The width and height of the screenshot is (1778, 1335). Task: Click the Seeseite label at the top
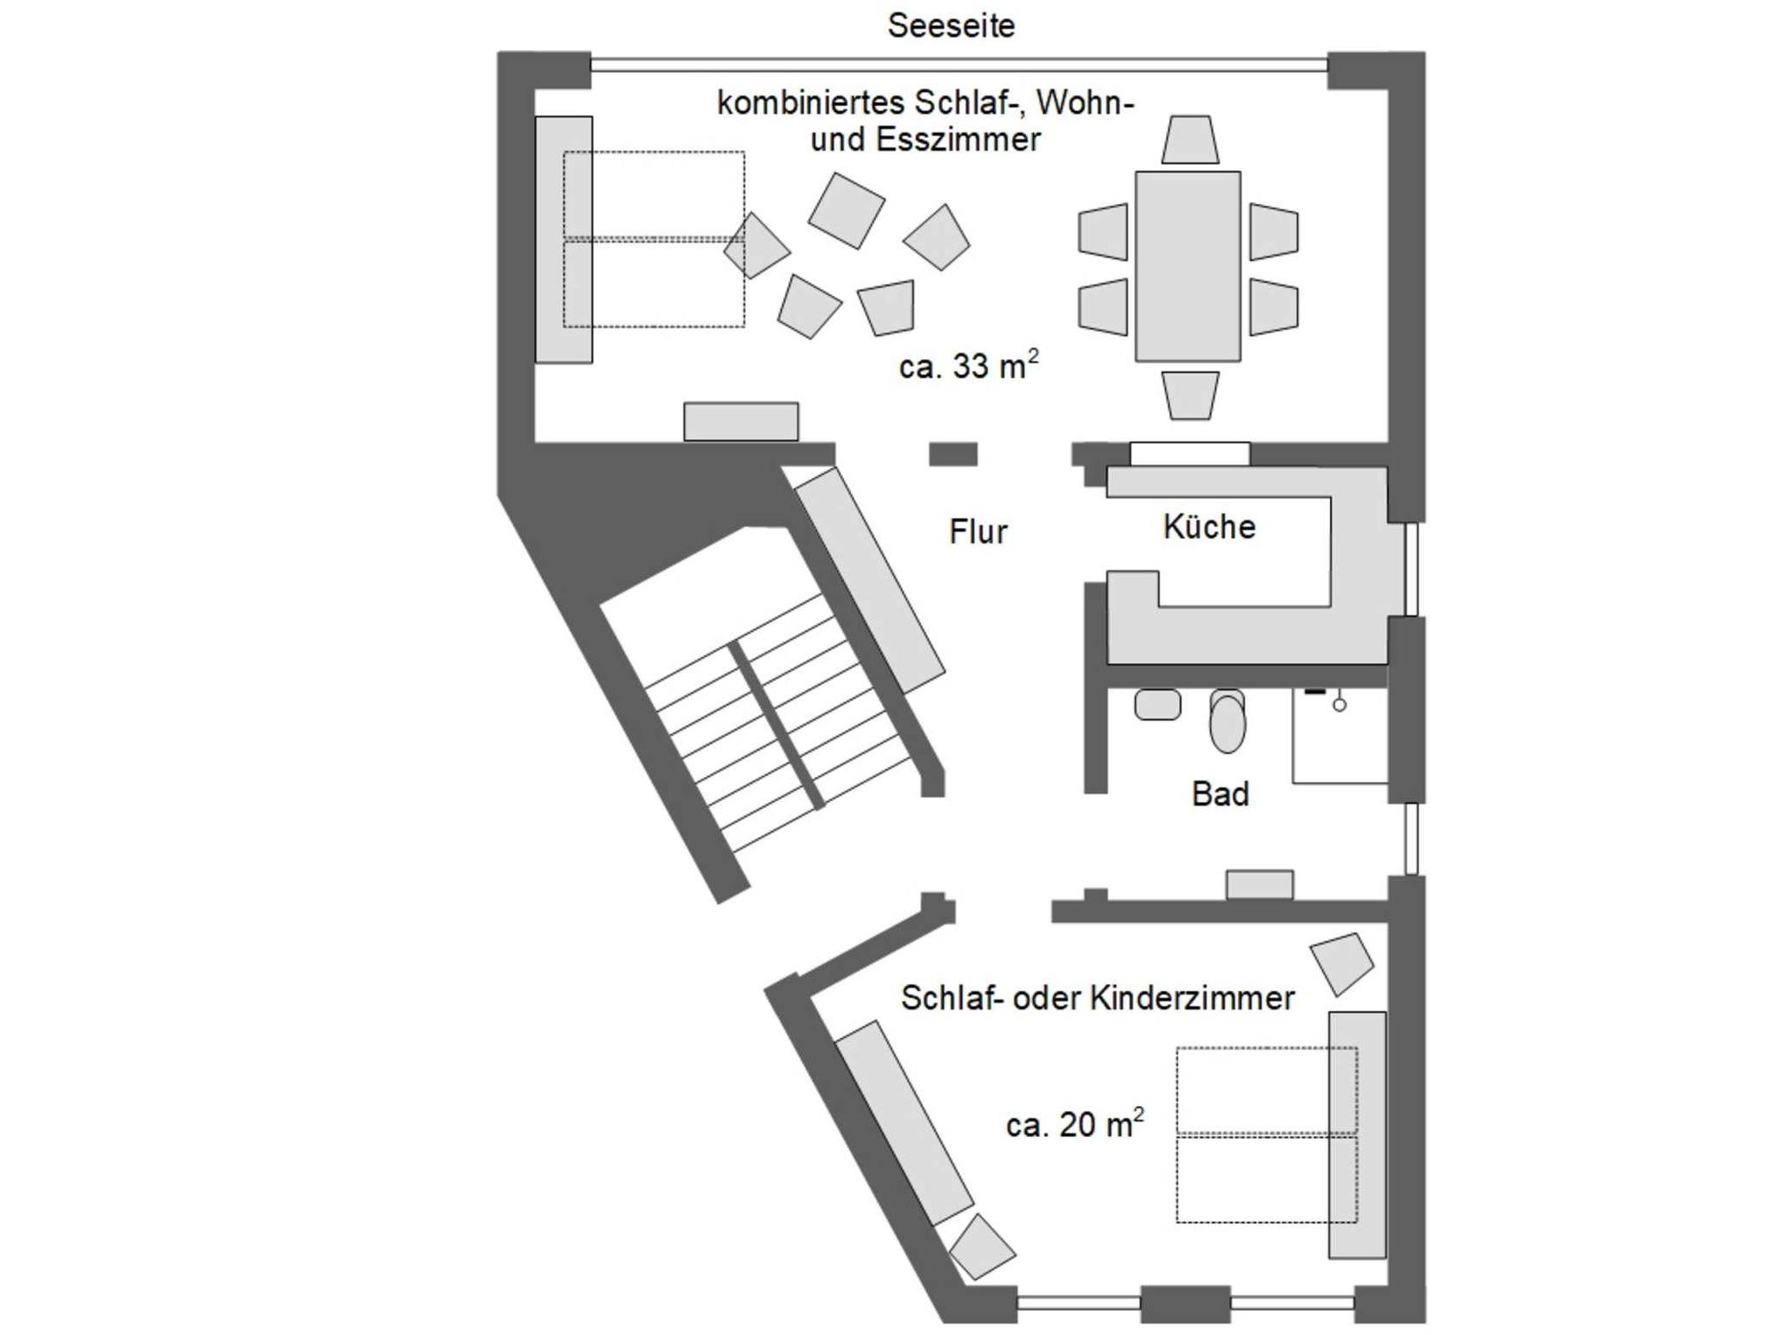pos(951,26)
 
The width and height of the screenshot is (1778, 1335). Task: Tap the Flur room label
pos(978,531)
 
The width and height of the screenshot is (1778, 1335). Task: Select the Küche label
pos(1208,527)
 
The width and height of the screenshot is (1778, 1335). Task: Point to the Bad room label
pos(1220,793)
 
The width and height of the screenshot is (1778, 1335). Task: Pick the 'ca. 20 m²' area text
pos(1074,1124)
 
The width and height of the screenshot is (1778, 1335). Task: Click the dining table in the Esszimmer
pos(1188,266)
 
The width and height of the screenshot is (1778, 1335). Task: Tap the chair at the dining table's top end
pos(1189,140)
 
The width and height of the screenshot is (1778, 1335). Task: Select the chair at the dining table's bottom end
pos(1189,395)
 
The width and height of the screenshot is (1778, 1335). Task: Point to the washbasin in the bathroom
pos(1157,704)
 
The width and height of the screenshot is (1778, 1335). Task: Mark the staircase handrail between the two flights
pos(777,726)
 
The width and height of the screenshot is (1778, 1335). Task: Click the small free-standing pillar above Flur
pos(953,454)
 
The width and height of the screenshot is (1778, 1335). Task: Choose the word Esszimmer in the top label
pos(958,140)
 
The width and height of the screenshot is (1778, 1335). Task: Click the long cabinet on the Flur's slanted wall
pos(870,580)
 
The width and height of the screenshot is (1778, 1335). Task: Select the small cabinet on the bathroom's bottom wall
pos(1259,885)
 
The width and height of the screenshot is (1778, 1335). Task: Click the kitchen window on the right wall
pos(1411,569)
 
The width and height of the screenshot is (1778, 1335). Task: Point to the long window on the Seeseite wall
pos(958,64)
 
